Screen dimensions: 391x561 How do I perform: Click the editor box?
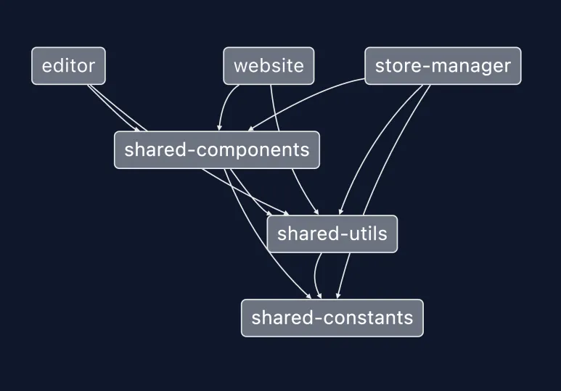click(68, 66)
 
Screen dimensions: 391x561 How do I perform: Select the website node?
click(269, 66)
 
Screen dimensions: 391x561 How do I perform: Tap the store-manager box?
click(443, 66)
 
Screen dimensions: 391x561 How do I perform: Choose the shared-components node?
click(216, 150)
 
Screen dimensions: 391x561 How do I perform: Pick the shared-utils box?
click(332, 234)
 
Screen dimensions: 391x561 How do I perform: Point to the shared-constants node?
click(332, 318)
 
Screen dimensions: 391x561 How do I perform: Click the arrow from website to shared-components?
click(222, 105)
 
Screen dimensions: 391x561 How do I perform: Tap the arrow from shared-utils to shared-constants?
click(316, 276)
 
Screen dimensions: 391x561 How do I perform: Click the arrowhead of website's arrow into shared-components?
click(219, 128)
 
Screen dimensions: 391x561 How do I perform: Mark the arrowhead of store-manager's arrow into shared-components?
click(250, 129)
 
